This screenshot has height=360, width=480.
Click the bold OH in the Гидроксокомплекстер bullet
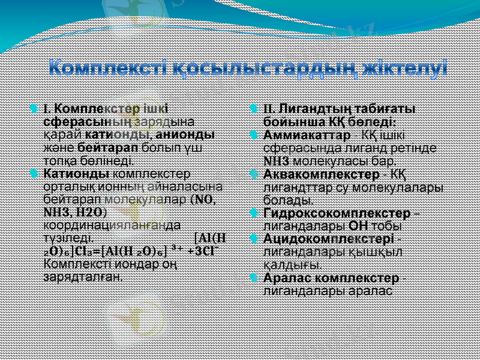point(357,226)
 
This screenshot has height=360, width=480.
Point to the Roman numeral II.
point(269,109)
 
